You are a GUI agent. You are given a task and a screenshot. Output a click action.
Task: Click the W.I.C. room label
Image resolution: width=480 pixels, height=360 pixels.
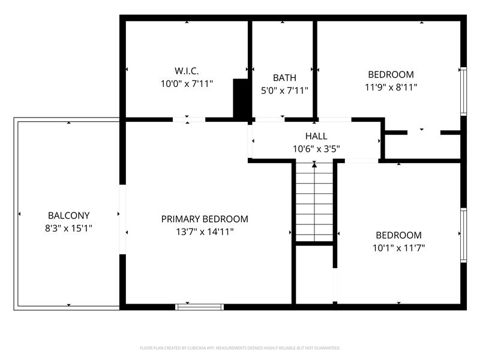[x=186, y=71]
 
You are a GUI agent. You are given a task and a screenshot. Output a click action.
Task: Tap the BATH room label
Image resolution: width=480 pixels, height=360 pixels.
[x=284, y=77]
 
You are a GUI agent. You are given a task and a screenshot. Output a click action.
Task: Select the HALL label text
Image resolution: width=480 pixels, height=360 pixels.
[x=316, y=136]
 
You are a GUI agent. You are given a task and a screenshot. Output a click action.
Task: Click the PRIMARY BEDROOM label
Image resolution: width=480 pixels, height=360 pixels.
[x=205, y=219]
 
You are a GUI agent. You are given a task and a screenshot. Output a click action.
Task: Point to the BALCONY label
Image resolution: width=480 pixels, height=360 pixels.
[x=69, y=215]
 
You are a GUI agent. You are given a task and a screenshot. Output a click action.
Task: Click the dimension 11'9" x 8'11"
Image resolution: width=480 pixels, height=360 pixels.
[x=391, y=87]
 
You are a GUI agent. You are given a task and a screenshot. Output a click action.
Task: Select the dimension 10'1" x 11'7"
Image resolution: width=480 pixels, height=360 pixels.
[x=398, y=247]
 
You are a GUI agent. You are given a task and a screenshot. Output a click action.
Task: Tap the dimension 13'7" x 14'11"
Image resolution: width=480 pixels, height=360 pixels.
[x=205, y=232]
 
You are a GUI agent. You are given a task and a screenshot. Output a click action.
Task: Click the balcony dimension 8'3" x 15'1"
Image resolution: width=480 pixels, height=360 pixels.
[x=69, y=228]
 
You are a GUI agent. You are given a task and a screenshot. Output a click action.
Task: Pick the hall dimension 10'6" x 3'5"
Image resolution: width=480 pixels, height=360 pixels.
[x=316, y=149]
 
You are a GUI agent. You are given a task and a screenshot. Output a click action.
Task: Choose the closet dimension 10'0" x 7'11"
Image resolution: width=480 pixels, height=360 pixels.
[x=186, y=84]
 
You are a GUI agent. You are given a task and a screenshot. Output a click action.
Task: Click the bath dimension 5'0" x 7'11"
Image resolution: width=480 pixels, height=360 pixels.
[x=284, y=91]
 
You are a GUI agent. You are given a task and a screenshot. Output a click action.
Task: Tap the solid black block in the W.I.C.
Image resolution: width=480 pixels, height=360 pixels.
[x=241, y=98]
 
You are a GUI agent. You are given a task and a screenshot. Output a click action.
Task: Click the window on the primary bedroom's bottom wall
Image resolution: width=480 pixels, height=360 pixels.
[x=200, y=307]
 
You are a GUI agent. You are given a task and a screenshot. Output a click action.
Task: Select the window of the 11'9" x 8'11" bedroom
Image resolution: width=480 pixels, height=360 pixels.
[x=463, y=91]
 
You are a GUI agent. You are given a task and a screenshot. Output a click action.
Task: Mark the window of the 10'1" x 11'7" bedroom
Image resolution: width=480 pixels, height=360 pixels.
[x=463, y=235]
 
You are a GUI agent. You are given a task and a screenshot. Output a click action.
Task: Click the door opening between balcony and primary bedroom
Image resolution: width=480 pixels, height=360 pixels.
[x=122, y=220]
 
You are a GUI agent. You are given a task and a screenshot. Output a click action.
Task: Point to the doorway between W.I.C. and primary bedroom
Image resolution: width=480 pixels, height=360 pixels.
[x=189, y=119]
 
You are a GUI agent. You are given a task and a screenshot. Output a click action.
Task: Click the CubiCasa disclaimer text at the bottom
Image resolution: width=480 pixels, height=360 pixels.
[x=240, y=348]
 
